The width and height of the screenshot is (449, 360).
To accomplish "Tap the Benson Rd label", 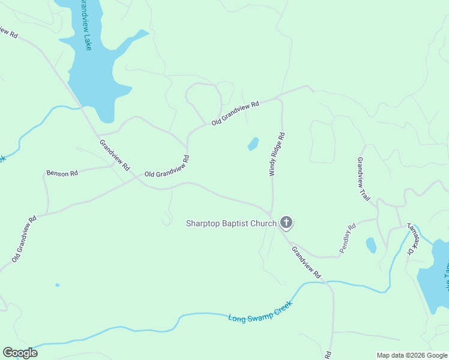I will point(62,173).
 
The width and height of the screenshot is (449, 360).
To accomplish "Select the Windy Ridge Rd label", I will point(276,154).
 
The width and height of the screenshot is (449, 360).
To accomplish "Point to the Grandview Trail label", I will point(364,178).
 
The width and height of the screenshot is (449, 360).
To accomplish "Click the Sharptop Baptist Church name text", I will point(231,224).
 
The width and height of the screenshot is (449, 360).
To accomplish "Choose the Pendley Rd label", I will point(348,238).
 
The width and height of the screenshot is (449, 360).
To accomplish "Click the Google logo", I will point(20,353).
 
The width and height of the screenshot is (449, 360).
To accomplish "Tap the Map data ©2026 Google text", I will point(412,355).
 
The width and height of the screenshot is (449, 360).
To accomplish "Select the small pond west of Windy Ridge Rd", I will point(253,144).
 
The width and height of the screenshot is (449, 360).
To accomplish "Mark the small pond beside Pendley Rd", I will point(371,245).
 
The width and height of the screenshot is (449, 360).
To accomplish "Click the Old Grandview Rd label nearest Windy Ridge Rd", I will point(235,113).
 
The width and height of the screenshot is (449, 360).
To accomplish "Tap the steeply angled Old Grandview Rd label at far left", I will point(25,239).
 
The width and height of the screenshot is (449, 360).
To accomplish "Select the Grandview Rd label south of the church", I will point(306,262).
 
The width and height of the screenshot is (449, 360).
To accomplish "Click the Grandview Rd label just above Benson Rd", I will point(114,155).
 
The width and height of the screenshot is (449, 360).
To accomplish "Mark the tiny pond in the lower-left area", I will point(57,285).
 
